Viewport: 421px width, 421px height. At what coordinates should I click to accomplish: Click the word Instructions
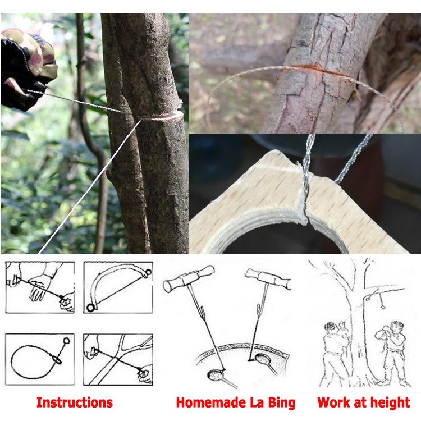[75, 402]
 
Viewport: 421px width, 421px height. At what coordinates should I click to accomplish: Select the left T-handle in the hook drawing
[189, 278]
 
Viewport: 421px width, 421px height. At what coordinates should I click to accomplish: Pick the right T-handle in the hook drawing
[268, 278]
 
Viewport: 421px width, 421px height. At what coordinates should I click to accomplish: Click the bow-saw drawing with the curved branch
[118, 287]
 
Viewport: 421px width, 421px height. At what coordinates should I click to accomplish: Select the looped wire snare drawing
[40, 359]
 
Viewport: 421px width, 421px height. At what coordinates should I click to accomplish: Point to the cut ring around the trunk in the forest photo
[163, 116]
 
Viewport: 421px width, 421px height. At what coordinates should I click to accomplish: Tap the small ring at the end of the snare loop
[67, 341]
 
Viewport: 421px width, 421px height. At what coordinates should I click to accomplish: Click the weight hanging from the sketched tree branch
[382, 305]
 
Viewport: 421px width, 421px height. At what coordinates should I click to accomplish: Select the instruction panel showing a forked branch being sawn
[118, 359]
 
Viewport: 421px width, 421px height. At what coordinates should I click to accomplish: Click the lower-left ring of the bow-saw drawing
[91, 308]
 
